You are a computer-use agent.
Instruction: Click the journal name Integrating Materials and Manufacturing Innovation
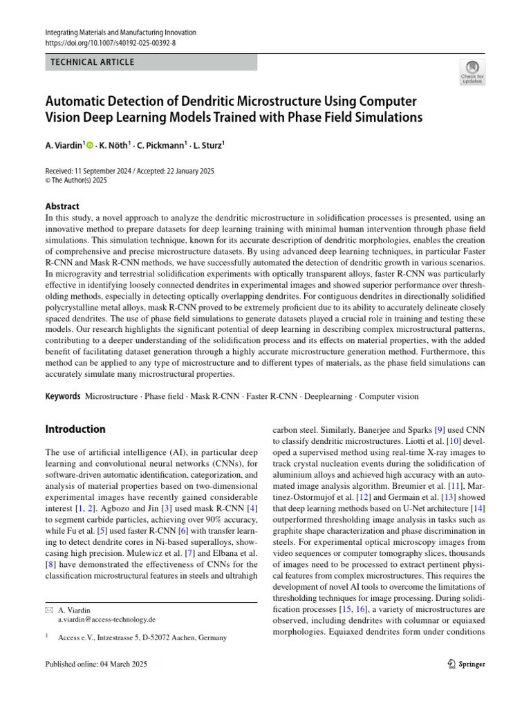[120, 32]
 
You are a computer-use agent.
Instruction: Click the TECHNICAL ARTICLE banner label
[91, 62]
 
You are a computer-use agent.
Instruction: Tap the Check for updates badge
[472, 72]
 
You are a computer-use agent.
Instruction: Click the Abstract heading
[62, 206]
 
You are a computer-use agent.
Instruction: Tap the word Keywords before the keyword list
[62, 397]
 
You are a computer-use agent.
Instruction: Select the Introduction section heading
[75, 429]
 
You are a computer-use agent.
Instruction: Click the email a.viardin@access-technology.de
[106, 619]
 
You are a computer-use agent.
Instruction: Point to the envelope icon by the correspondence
[48, 611]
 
